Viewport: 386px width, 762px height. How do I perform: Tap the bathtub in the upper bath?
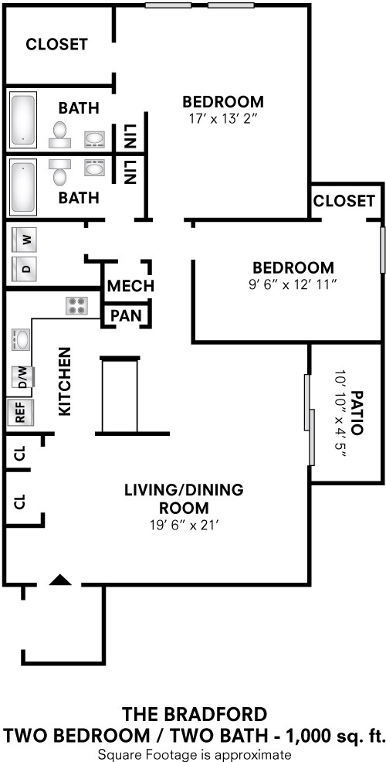(x=23, y=120)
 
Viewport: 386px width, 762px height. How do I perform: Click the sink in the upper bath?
(x=94, y=139)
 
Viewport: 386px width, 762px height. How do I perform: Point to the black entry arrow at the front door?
(x=61, y=580)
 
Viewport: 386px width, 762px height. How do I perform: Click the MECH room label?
(x=130, y=286)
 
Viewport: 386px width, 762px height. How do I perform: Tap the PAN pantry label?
(x=125, y=315)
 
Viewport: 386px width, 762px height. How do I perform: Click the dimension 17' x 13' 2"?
(x=222, y=119)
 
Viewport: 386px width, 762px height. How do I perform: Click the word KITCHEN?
(x=65, y=381)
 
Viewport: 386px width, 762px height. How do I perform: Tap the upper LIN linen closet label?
(x=129, y=138)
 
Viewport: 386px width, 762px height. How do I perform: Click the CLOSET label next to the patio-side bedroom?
(x=344, y=201)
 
